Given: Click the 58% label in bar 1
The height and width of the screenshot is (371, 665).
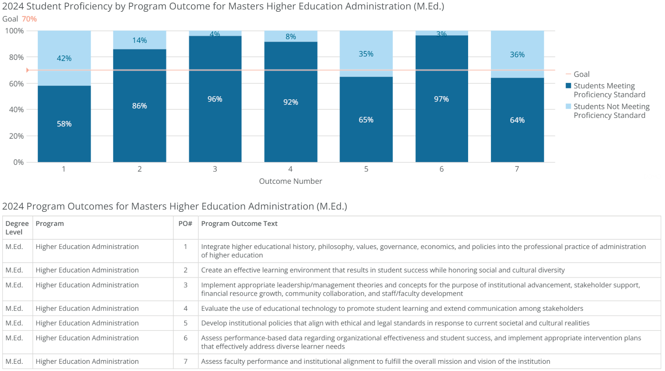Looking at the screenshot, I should (64, 124).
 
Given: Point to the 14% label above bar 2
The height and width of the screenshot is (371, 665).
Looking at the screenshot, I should (140, 40).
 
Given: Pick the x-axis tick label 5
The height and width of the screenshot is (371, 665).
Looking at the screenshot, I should (366, 169).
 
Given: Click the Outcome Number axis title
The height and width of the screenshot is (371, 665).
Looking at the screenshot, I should (290, 181).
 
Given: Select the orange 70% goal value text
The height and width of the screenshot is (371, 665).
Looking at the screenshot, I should (29, 19).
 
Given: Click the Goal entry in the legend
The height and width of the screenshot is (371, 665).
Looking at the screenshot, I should (581, 74).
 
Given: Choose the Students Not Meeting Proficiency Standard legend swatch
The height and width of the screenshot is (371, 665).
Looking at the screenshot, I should (568, 106).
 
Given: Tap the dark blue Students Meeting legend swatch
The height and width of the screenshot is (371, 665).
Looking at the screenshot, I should (568, 86).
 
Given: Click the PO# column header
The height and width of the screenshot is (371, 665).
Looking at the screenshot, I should (185, 224).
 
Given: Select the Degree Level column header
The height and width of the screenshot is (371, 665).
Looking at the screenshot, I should (17, 228).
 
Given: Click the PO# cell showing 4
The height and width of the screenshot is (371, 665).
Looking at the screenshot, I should (186, 308).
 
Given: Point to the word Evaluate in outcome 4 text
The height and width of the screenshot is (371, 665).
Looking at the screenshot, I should (215, 308).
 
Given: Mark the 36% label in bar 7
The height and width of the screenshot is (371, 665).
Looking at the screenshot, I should (517, 55).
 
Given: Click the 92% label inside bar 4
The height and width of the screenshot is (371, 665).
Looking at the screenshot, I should (291, 102).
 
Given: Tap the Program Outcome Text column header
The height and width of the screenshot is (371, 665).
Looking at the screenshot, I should (239, 224).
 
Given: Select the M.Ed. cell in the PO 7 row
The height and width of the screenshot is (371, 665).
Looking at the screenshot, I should (14, 362).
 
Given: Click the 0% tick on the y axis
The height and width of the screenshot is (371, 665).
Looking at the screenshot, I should (18, 162).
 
